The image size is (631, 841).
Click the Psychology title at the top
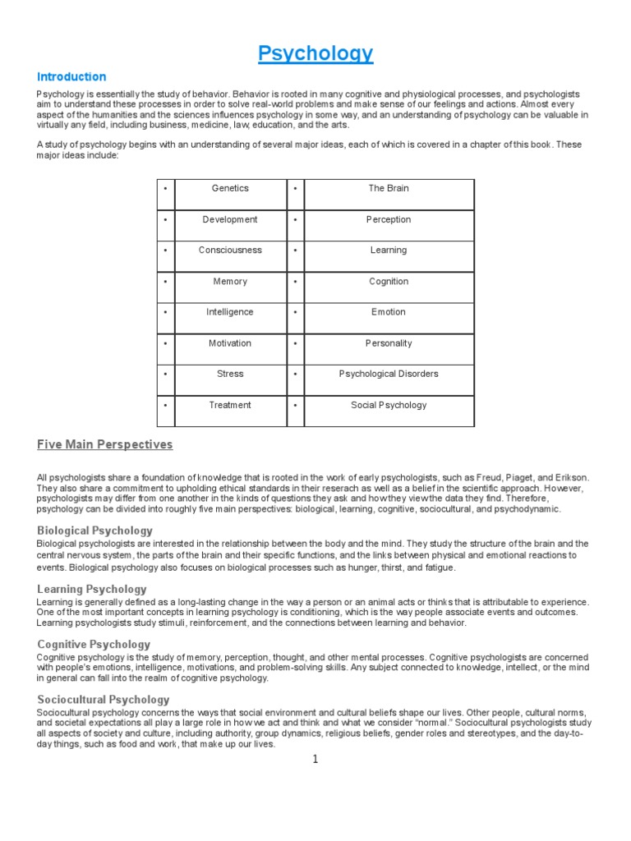coord(315,54)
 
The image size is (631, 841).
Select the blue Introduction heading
coord(71,77)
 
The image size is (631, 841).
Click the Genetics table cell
coord(230,189)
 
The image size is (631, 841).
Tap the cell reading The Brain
coord(389,189)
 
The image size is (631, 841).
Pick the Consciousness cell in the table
coord(230,250)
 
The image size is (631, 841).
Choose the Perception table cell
coord(389,220)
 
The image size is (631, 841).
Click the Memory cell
coord(230,282)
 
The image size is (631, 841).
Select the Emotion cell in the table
coord(389,312)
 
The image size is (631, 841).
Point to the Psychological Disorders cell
coord(389,375)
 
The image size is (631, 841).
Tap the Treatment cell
coord(230,405)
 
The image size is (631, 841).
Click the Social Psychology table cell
coord(389,405)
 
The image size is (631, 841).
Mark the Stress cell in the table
coord(230,375)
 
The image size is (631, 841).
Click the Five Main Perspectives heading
coord(105,444)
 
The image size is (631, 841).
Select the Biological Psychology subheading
coord(94,531)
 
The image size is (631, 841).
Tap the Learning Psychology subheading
coord(92,589)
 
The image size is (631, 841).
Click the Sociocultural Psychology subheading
coord(104,700)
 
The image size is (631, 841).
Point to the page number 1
coord(315,760)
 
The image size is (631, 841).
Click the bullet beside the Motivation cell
coord(165,343)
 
